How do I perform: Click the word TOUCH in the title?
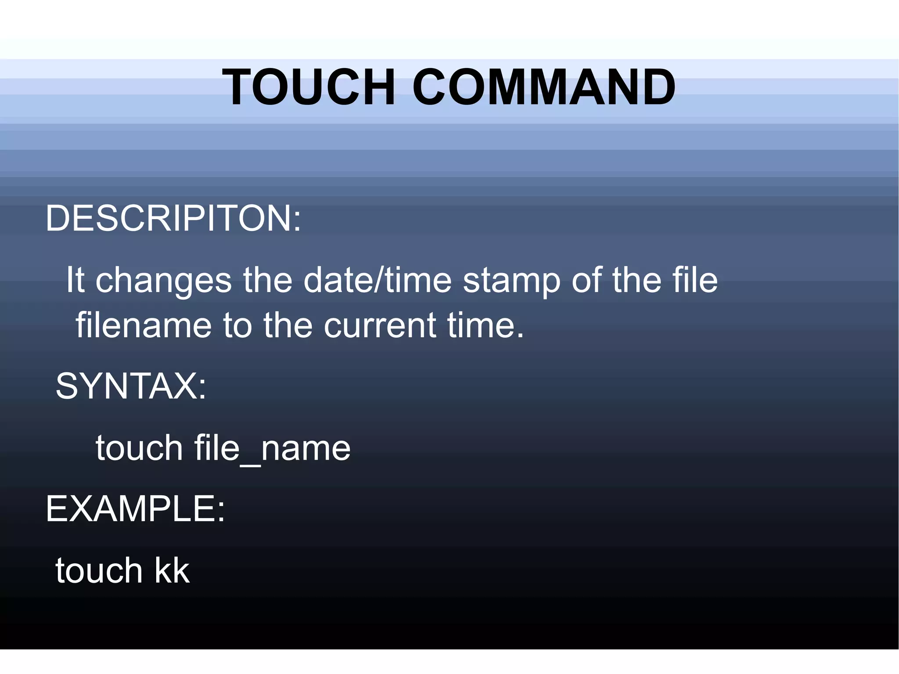click(309, 87)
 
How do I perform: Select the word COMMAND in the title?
click(544, 87)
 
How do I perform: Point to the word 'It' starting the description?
click(75, 280)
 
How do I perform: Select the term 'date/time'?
click(378, 280)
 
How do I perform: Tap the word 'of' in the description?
click(586, 280)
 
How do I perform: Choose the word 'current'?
click(380, 326)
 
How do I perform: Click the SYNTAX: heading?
click(131, 386)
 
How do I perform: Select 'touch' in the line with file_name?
click(139, 448)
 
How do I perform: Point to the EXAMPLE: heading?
click(135, 509)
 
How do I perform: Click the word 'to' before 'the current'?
click(237, 326)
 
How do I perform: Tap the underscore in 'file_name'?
click(251, 462)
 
